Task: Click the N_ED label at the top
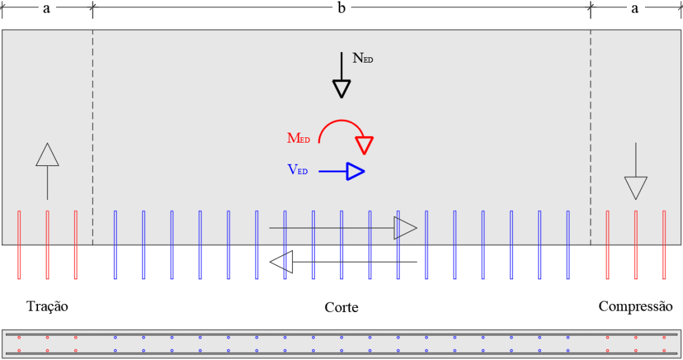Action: click(x=363, y=58)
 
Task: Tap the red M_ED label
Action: click(x=298, y=138)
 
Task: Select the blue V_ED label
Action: click(x=297, y=169)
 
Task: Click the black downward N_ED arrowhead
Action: click(x=341, y=89)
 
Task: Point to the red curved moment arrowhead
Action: click(x=364, y=145)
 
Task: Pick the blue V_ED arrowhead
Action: click(x=356, y=171)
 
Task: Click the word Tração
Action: click(x=47, y=307)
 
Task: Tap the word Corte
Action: click(x=341, y=307)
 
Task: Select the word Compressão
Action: click(x=636, y=307)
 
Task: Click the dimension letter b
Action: click(x=341, y=7)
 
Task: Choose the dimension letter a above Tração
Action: click(x=47, y=8)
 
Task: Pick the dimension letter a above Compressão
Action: click(x=635, y=8)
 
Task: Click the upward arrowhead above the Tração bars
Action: click(x=47, y=155)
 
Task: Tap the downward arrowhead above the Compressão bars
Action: click(x=636, y=188)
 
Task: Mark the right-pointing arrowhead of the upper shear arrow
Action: click(x=406, y=227)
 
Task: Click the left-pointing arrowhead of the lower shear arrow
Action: click(x=281, y=262)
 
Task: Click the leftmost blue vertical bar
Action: click(x=115, y=245)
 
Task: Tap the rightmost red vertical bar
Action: click(x=664, y=245)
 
